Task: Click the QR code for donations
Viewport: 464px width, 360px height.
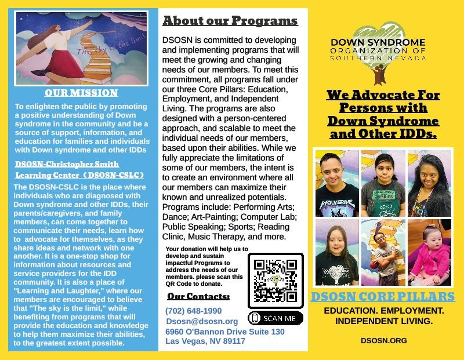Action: (x=275, y=280)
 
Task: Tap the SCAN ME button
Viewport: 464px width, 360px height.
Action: (x=275, y=318)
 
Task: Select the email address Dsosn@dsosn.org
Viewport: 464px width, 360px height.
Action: (x=202, y=321)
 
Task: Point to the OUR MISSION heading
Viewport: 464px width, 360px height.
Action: (x=81, y=93)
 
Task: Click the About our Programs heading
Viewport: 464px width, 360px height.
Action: (x=230, y=22)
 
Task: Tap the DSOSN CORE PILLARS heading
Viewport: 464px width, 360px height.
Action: (x=383, y=297)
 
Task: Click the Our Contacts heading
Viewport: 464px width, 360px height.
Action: (x=198, y=297)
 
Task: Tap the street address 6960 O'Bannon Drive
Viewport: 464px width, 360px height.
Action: (x=224, y=332)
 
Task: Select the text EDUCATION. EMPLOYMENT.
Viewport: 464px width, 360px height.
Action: (x=383, y=311)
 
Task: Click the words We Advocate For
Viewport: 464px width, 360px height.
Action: (x=383, y=95)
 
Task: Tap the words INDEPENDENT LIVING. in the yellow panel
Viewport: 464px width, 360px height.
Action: (x=383, y=321)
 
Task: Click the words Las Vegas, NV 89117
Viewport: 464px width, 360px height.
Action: (x=205, y=341)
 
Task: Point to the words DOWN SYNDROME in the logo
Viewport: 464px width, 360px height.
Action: (x=378, y=42)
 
